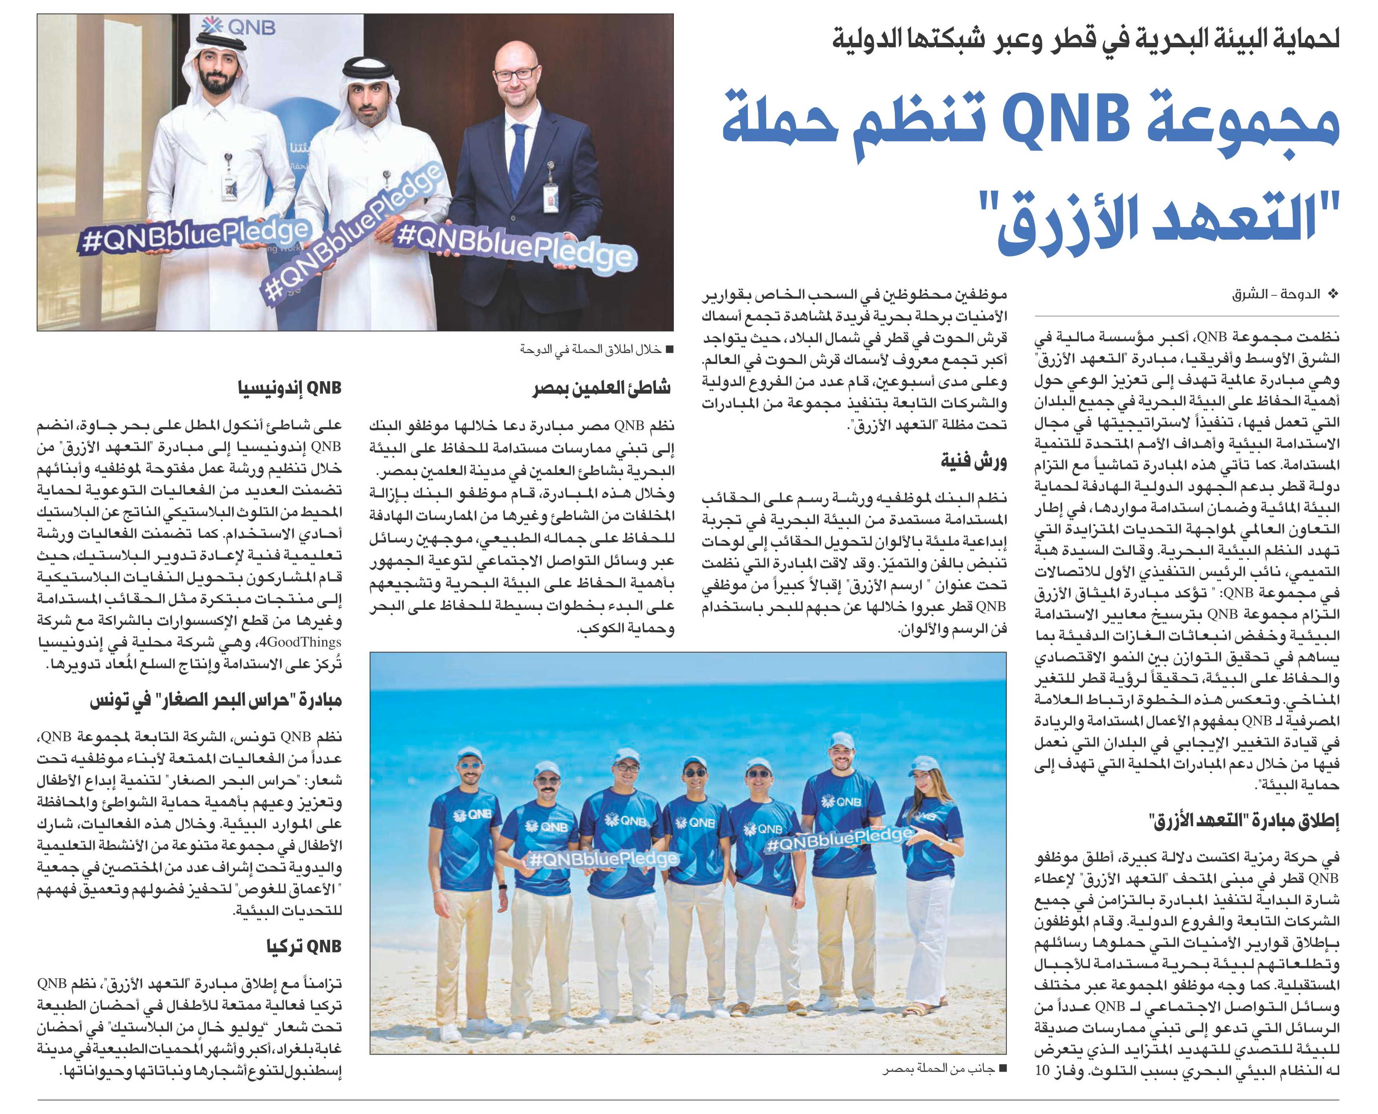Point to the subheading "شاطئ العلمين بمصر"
point(601,388)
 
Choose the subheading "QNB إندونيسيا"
point(289,388)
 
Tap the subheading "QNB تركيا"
point(304,946)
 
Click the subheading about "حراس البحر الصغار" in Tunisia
point(215,701)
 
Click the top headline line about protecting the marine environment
point(1085,39)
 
